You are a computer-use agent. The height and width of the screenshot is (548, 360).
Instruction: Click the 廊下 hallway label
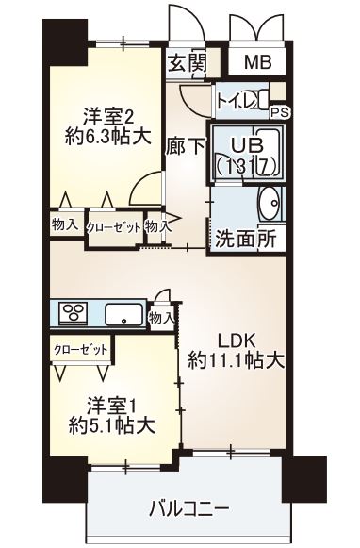(184, 147)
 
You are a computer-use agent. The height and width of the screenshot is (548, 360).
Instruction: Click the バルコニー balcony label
(188, 509)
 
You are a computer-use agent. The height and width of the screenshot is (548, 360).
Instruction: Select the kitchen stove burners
(74, 313)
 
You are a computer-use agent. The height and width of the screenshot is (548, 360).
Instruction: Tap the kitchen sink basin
(123, 314)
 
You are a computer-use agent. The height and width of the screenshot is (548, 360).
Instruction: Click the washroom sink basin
(270, 203)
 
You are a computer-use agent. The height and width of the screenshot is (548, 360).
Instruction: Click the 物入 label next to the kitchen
(162, 317)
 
